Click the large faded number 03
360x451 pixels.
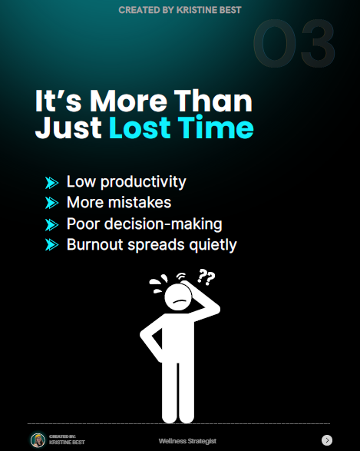click(x=294, y=43)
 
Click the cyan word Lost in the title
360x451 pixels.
click(x=140, y=128)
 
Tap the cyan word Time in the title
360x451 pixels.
click(x=216, y=128)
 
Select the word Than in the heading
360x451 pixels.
click(x=213, y=101)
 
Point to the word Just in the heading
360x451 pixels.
click(x=68, y=128)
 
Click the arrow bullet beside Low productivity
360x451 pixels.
click(x=51, y=183)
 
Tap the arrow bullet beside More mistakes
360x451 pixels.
click(x=51, y=203)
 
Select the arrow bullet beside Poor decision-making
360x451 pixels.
click(x=51, y=224)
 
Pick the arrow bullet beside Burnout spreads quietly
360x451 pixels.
click(x=51, y=245)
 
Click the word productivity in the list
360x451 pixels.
click(x=144, y=182)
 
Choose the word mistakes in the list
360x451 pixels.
click(x=140, y=202)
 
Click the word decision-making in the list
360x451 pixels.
click(x=163, y=224)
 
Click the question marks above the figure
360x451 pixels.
click(x=206, y=277)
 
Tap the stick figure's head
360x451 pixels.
click(x=178, y=297)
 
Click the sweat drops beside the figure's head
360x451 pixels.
click(x=158, y=284)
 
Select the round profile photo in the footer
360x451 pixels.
click(x=38, y=440)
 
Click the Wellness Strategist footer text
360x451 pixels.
click(x=187, y=441)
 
